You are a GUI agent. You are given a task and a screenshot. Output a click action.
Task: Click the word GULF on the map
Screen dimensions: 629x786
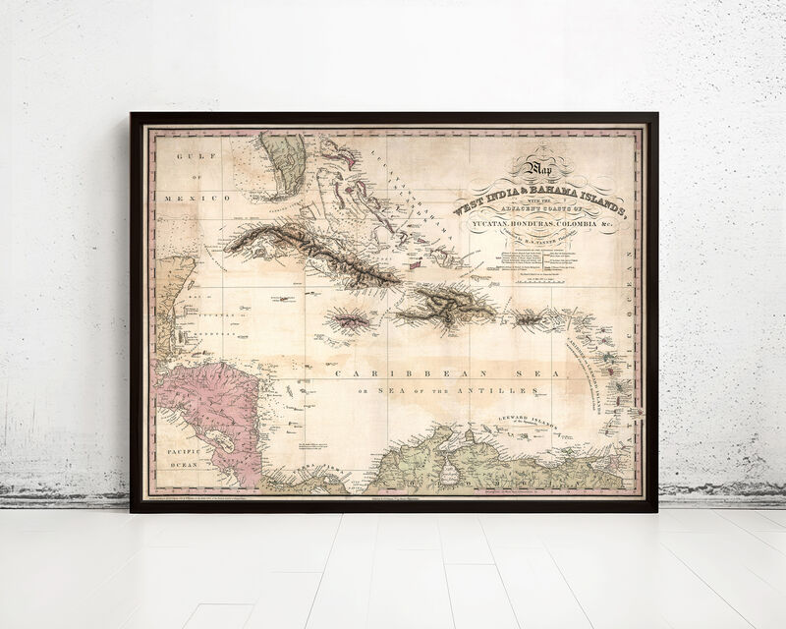click(182, 157)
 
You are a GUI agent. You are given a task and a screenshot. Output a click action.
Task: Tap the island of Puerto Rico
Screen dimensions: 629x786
click(532, 318)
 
